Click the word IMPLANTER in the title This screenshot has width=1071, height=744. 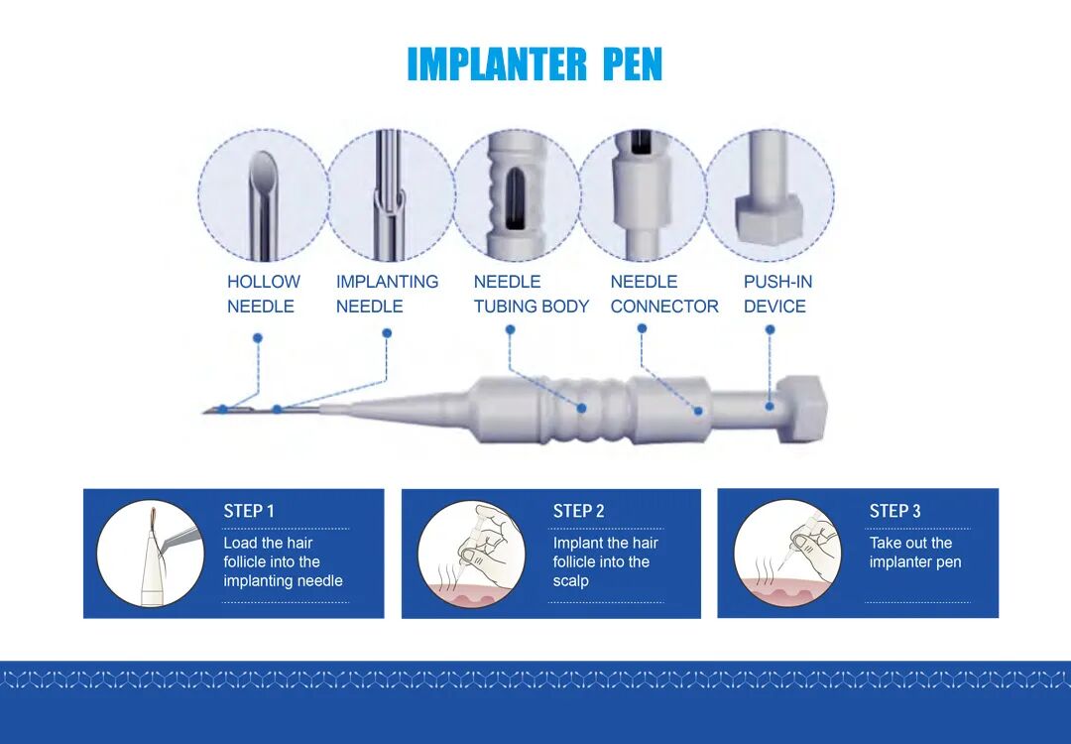497,64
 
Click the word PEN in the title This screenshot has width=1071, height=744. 633,64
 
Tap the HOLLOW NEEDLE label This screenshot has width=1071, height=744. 264,294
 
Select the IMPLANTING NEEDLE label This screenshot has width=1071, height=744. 387,294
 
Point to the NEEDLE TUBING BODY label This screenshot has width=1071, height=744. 532,294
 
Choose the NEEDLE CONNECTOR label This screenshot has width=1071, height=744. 664,294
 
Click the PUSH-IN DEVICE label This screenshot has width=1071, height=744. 778,294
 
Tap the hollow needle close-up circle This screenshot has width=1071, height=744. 264,195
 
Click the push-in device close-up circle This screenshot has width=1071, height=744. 770,195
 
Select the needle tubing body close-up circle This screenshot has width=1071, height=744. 517,195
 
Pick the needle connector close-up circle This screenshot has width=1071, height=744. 643,195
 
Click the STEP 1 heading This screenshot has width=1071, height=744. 249,511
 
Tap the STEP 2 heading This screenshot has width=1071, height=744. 578,511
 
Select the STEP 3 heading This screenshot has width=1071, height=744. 894,511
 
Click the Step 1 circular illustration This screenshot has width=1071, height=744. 151,554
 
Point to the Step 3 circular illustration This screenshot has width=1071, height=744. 787,554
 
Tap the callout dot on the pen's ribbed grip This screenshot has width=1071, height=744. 581,408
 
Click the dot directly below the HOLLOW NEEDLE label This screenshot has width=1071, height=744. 258,338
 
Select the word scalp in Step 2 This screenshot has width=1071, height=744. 570,581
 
